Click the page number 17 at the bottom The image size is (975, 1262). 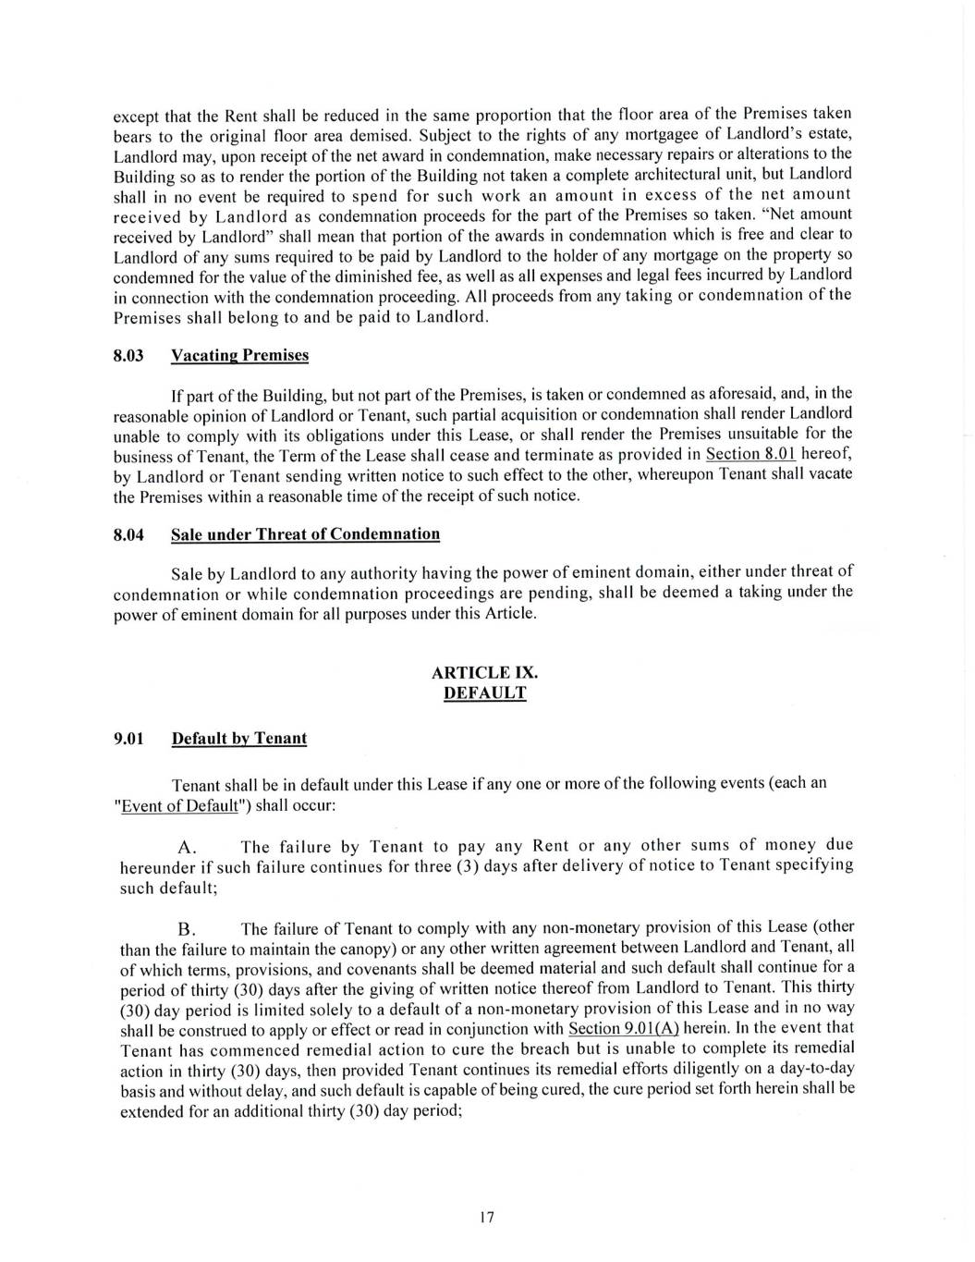[x=487, y=1217]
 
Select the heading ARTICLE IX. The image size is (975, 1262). [x=485, y=673]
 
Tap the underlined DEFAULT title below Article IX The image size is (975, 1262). [x=485, y=693]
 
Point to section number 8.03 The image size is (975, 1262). [x=128, y=356]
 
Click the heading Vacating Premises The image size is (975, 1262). [x=240, y=356]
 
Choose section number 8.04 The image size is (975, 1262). [x=128, y=534]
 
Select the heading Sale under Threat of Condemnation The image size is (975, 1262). [x=305, y=534]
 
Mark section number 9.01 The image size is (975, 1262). [x=128, y=738]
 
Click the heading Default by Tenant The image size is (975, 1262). [x=239, y=738]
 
